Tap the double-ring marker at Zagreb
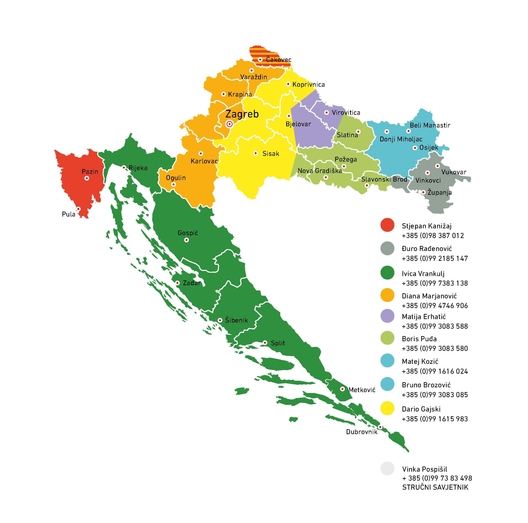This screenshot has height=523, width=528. click(229, 124)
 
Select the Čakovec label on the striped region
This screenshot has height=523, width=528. click(279, 60)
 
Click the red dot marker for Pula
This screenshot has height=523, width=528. click(78, 209)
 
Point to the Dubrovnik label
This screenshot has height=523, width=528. click(361, 432)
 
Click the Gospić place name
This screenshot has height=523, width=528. click(188, 233)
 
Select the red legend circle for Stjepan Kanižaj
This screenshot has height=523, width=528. click(387, 225)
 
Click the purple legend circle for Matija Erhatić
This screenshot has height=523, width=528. click(387, 316)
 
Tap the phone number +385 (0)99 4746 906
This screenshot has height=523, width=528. click(435, 305)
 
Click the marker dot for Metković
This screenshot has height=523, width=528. click(342, 389)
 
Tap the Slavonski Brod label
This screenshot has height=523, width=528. click(384, 179)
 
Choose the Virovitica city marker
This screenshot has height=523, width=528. click(326, 112)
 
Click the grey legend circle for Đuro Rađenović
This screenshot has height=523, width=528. click(387, 248)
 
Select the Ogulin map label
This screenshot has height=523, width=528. click(176, 178)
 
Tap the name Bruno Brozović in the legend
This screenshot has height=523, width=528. click(426, 385)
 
